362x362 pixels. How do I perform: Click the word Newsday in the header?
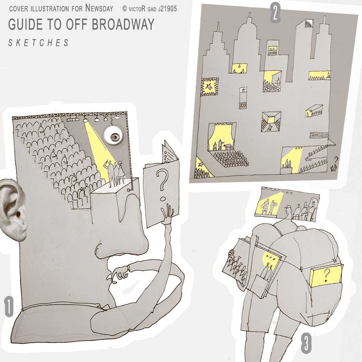pos(99,8)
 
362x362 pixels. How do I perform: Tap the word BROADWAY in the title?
pos(123,24)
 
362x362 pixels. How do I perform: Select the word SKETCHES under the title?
pos(39,43)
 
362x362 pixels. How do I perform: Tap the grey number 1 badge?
pos(8,306)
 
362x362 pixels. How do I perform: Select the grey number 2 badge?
pos(275,13)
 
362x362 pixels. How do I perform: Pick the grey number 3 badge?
pos(306,343)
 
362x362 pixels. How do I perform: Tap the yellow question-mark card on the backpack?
pos(326,276)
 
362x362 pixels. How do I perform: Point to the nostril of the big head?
pos(99,249)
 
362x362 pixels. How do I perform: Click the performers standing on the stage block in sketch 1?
pos(115,173)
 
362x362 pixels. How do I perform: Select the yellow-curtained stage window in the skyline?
pos(222,137)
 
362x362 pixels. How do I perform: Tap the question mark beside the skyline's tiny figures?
pos(336,160)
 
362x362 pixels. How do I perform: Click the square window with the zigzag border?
pos(210,86)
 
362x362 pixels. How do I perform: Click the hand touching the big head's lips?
pos(119,273)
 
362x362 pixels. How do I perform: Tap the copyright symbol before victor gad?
pos(125,9)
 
